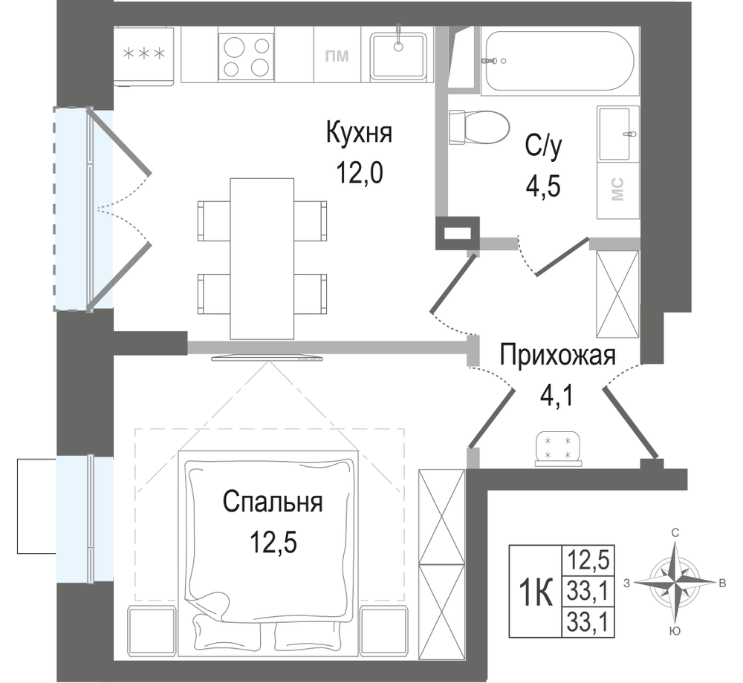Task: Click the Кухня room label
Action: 359,132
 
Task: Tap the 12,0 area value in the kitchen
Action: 359,173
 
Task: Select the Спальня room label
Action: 273,502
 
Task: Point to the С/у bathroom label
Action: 543,147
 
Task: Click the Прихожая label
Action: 558,356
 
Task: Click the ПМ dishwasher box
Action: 337,55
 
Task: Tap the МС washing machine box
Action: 618,190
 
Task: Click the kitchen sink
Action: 398,55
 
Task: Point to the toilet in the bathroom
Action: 478,128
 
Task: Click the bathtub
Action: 560,60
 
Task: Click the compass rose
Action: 673,583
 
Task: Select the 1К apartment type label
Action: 536,592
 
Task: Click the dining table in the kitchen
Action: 262,258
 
